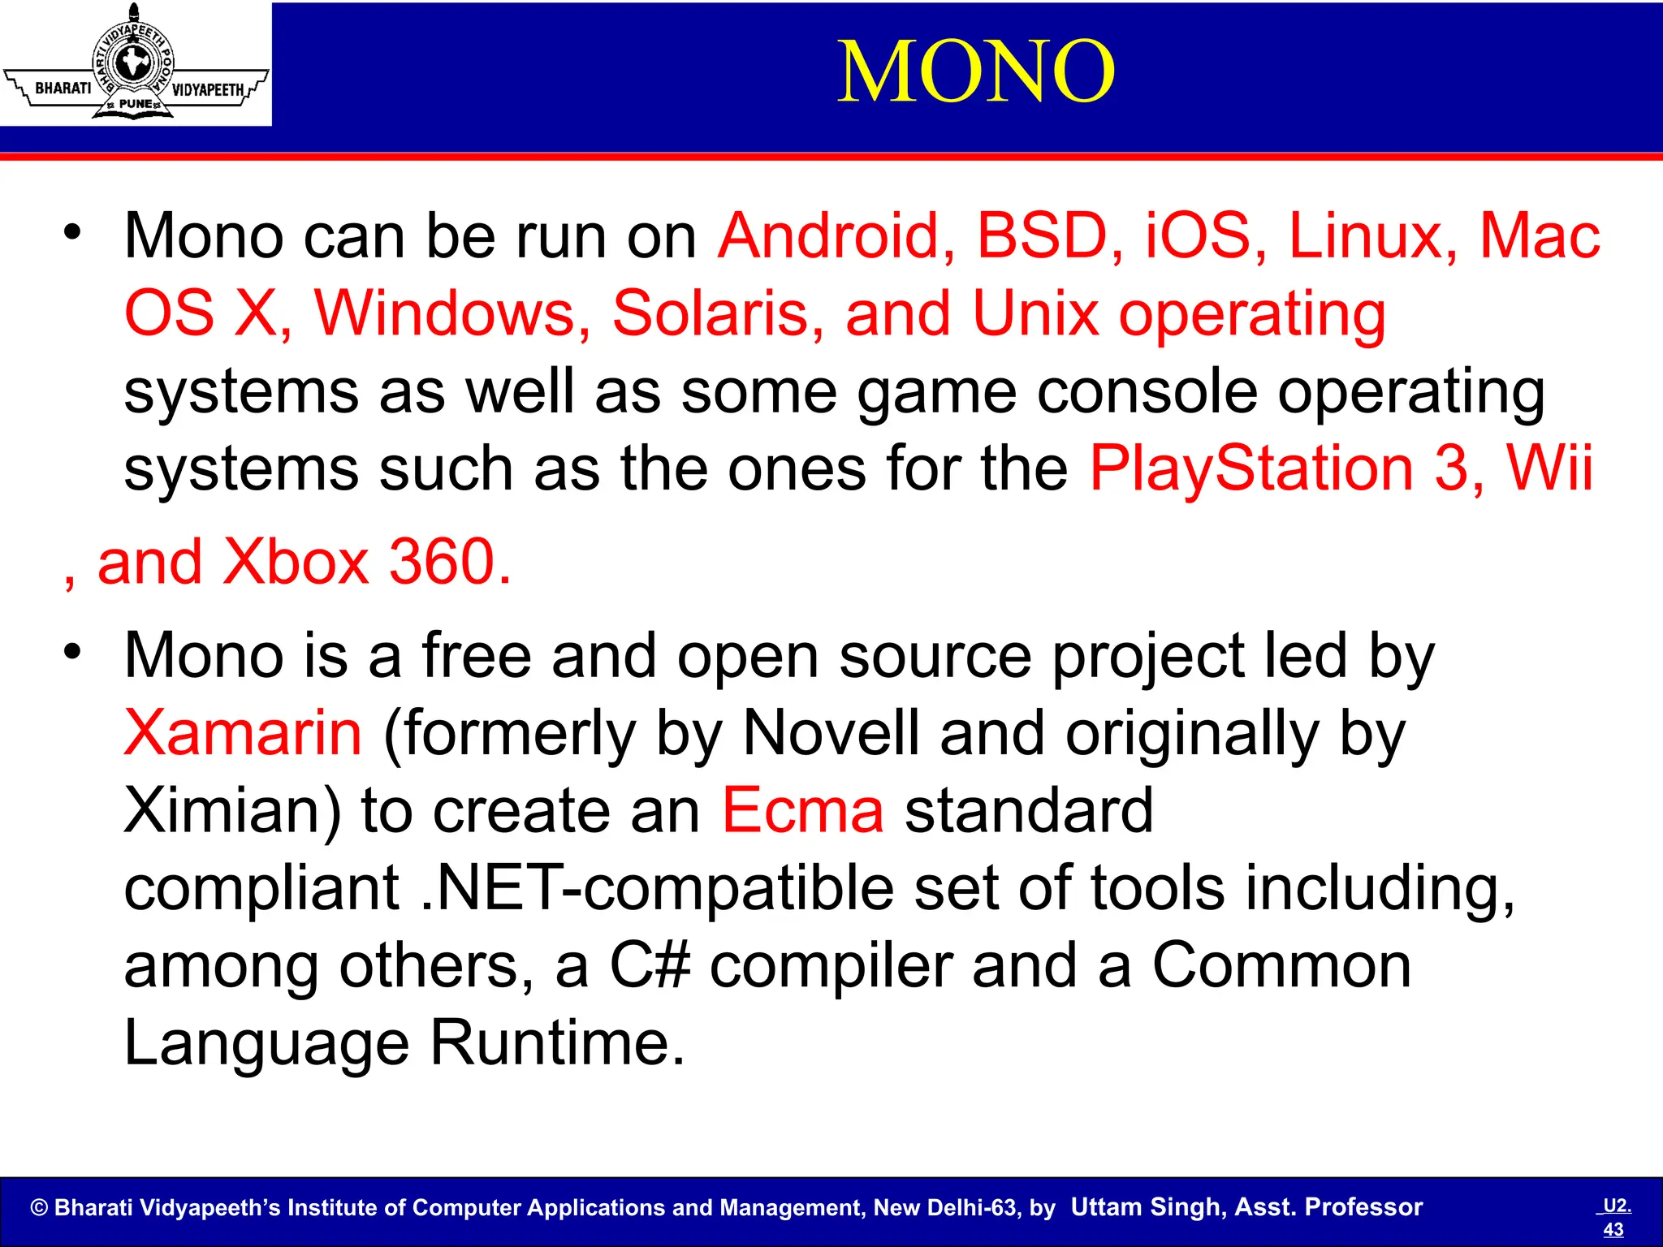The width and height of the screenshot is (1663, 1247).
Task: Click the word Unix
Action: tap(1035, 313)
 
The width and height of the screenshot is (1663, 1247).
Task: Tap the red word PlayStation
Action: tap(1251, 469)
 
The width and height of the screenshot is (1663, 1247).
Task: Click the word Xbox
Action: tap(296, 562)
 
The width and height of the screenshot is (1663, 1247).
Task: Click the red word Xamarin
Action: tap(243, 733)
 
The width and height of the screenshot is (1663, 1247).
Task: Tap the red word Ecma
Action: tap(802, 810)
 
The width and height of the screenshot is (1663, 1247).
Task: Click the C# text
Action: tap(650, 965)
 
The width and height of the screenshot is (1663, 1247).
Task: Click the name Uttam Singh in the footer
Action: tap(1147, 1207)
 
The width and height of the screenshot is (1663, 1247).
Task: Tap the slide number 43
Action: tap(1613, 1229)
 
